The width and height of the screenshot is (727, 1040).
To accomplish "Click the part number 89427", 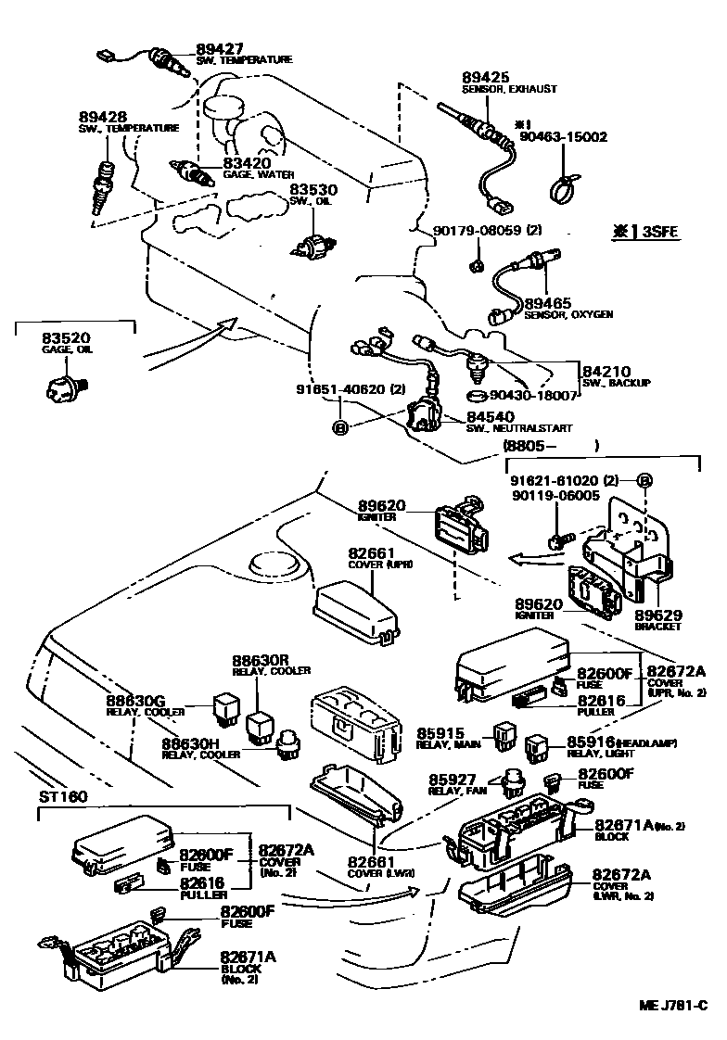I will [217, 48].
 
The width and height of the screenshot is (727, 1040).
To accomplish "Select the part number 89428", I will [103, 117].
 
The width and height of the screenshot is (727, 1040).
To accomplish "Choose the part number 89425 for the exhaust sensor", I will [486, 78].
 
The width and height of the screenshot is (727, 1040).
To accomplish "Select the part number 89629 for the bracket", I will [657, 615].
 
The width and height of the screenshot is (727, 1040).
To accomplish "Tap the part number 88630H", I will [189, 743].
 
